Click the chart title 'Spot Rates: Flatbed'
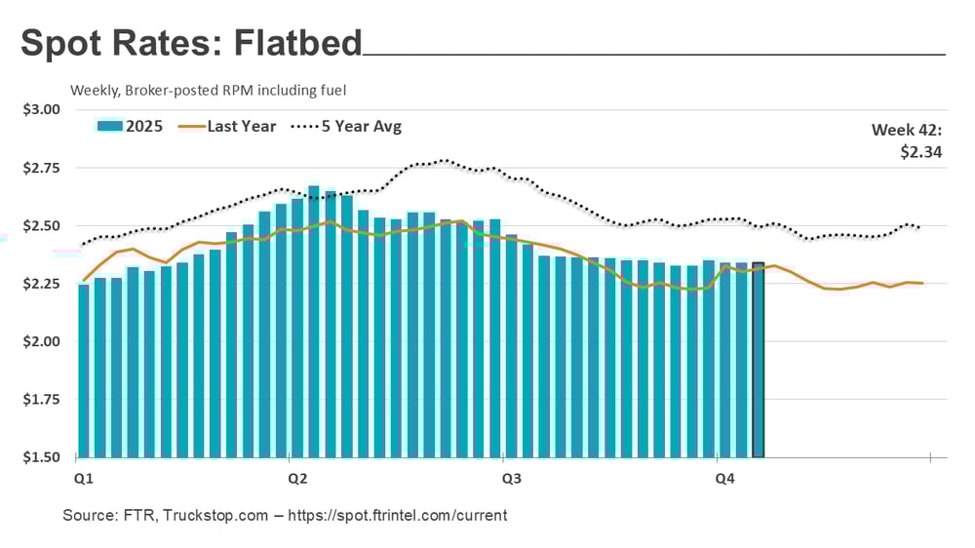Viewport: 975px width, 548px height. (x=191, y=44)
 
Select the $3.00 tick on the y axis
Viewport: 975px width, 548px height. (x=41, y=109)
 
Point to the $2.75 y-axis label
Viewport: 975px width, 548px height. (x=41, y=168)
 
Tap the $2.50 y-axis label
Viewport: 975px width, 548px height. (x=41, y=226)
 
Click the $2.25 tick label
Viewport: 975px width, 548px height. (x=41, y=284)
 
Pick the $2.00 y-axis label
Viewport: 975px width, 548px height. (x=41, y=342)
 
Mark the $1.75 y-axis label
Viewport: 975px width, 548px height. (x=41, y=400)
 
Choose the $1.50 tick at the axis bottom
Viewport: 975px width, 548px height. (x=41, y=457)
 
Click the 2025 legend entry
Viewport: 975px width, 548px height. (x=132, y=127)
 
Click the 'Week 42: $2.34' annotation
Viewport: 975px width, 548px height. (x=906, y=140)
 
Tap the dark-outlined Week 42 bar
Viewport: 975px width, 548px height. (x=758, y=361)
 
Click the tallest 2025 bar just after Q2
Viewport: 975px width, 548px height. (x=313, y=322)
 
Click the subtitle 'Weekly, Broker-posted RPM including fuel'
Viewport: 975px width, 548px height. (x=209, y=90)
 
